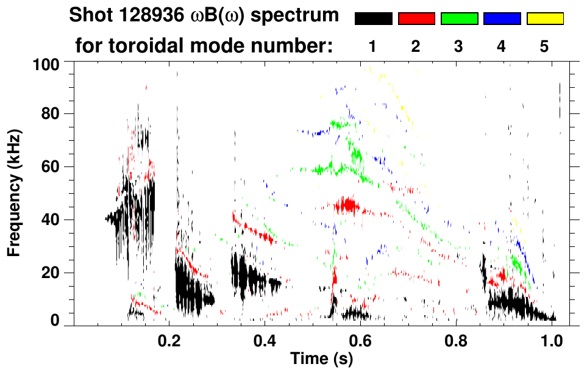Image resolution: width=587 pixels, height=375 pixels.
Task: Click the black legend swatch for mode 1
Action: [x=374, y=19]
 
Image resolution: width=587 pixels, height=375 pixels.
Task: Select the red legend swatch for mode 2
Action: [x=416, y=19]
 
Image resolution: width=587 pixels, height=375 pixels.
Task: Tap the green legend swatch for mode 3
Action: [x=459, y=19]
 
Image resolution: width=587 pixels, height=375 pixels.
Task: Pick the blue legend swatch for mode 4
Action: [x=502, y=19]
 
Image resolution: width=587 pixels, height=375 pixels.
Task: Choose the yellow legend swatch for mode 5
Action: [x=544, y=19]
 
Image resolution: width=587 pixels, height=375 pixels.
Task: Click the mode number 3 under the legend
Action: [x=458, y=46]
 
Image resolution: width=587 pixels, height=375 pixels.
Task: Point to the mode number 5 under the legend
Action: [x=544, y=46]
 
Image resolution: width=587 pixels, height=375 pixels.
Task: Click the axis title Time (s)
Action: [x=321, y=359]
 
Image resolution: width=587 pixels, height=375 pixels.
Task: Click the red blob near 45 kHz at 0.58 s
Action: [x=349, y=205]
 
